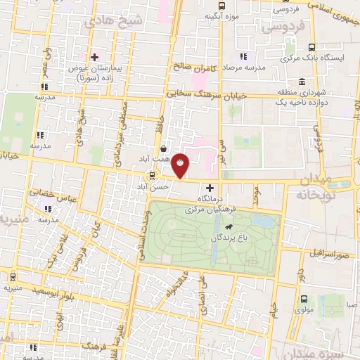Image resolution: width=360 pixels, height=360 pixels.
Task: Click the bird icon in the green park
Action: (x=229, y=227)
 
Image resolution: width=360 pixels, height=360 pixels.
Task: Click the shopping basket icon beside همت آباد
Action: (x=164, y=149)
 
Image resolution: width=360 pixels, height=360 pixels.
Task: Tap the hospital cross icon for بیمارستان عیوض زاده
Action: (x=94, y=56)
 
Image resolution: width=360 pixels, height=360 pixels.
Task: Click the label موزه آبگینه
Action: (x=221, y=15)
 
